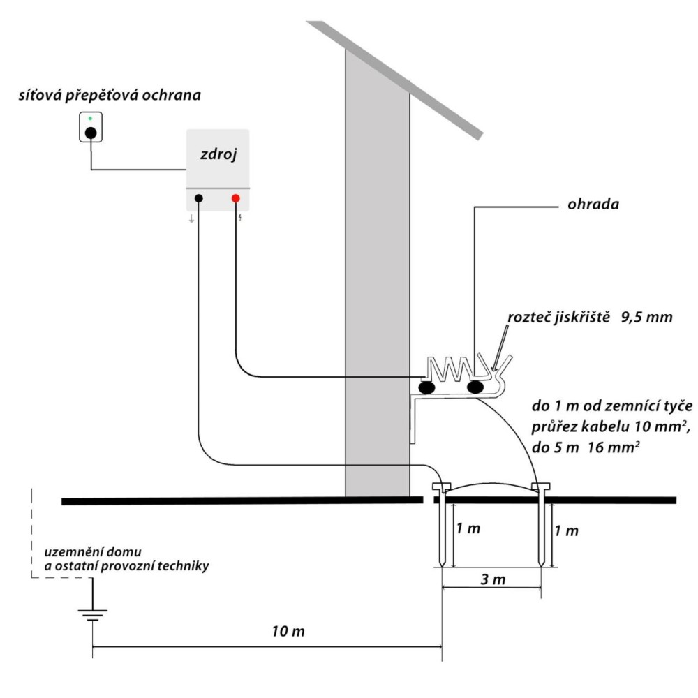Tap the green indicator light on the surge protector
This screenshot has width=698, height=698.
[x=90, y=119]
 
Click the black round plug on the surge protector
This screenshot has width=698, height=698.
[x=90, y=133]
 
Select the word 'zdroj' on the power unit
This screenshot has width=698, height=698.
[x=217, y=154]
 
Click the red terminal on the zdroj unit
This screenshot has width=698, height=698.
[x=235, y=198]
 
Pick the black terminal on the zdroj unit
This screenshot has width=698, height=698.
[x=199, y=198]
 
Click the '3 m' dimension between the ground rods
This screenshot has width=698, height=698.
[x=493, y=579]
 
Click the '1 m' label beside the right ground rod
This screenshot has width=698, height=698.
[x=567, y=530]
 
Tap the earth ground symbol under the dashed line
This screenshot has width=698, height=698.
[x=92, y=615]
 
